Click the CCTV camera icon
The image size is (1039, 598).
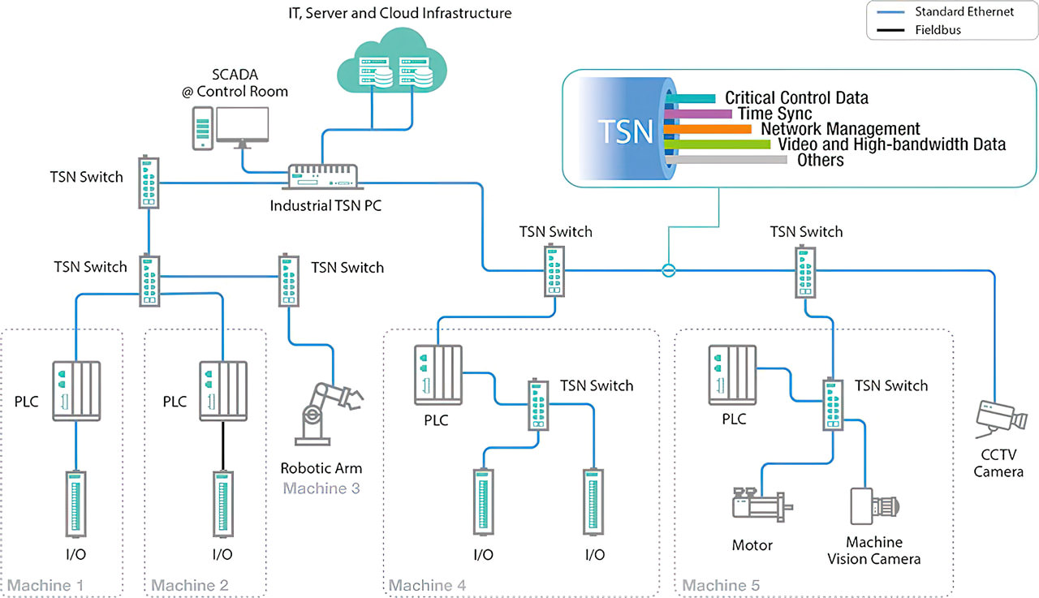[1000, 419]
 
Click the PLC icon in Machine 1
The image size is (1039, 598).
[76, 390]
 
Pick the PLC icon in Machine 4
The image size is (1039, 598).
[437, 373]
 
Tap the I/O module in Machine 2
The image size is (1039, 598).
[222, 503]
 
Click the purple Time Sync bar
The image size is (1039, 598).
[698, 114]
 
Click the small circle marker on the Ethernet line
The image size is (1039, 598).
[668, 270]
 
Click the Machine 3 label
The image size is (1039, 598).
[321, 488]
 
